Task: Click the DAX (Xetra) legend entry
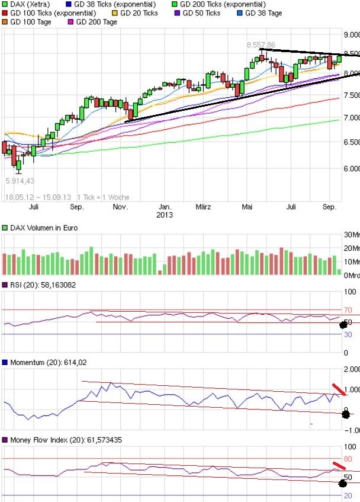pos(30,4)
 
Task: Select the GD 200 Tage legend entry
pos(96,22)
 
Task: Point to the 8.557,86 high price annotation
pos(261,44)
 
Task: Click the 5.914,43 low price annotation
pos(20,181)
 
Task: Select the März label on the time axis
pos(203,207)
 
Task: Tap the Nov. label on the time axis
pos(120,207)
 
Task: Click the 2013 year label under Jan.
pos(165,215)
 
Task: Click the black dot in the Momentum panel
pos(346,414)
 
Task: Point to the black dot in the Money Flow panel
pos(342,484)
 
